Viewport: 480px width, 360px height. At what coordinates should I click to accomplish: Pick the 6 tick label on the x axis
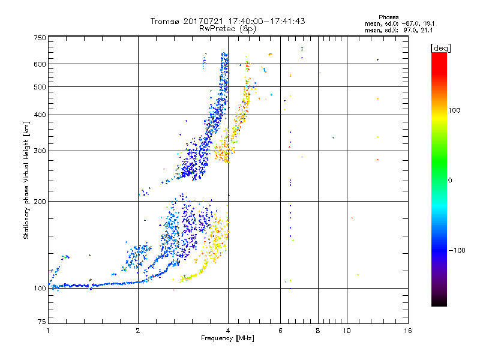[281, 331]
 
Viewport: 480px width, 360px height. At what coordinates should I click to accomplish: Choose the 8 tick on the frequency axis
[318, 331]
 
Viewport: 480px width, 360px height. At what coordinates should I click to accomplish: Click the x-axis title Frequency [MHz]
[227, 339]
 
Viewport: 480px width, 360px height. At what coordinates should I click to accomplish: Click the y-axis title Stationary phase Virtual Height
[26, 180]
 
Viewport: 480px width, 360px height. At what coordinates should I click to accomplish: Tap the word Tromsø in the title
[167, 21]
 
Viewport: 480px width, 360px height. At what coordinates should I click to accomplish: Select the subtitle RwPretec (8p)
[227, 28]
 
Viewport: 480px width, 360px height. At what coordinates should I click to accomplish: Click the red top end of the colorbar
[439, 55]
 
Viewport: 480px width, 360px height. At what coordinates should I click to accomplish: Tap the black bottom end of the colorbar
[439, 304]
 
